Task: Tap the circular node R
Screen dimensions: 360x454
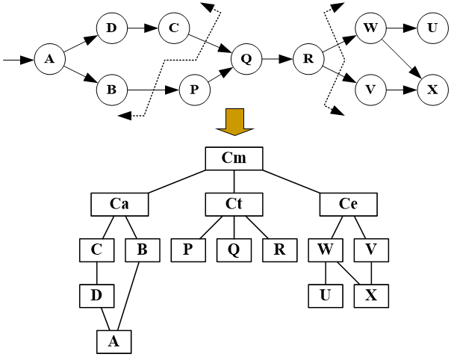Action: pos(308,58)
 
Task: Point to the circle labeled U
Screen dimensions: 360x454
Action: pos(432,28)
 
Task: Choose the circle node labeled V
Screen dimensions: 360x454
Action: pos(369,90)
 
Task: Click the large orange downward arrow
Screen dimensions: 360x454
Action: pos(234,122)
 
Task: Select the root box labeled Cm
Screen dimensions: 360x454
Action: pos(234,158)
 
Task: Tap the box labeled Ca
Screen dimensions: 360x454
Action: pos(119,203)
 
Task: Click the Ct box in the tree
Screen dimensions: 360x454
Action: pos(234,203)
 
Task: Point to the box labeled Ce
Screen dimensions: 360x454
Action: pos(349,203)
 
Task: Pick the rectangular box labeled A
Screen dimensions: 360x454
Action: pos(113,341)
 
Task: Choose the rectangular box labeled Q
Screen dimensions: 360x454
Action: pos(234,249)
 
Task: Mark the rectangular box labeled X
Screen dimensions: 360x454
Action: pos(371,296)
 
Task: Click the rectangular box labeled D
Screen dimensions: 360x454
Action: pos(96,296)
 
